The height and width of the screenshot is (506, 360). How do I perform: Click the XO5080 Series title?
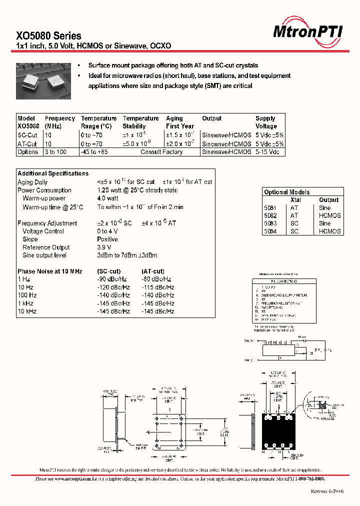pyautogui.click(x=49, y=35)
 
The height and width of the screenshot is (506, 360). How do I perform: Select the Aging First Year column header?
pyautogui.click(x=180, y=122)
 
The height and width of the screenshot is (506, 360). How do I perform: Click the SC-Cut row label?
pyautogui.click(x=27, y=135)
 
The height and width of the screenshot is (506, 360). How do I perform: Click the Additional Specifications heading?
pyautogui.click(x=53, y=173)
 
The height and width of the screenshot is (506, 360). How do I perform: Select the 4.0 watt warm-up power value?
pyautogui.click(x=107, y=198)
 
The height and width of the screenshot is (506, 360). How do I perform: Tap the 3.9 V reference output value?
pyautogui.click(x=104, y=247)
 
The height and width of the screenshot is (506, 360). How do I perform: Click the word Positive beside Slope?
pyautogui.click(x=107, y=239)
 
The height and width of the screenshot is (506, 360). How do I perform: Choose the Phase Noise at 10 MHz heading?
pyautogui.click(x=50, y=271)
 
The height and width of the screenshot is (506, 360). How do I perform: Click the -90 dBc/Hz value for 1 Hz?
pyautogui.click(x=112, y=279)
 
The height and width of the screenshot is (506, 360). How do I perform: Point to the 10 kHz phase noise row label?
pyautogui.click(x=27, y=311)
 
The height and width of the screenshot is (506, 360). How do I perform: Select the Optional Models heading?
pyautogui.click(x=286, y=192)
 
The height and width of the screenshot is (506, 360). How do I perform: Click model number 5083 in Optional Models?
pyautogui.click(x=270, y=223)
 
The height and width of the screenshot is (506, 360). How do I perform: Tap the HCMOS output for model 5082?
pyautogui.click(x=329, y=215)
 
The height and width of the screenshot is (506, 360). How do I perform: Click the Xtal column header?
pyautogui.click(x=295, y=200)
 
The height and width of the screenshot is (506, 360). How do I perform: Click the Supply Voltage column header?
pyautogui.click(x=266, y=122)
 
